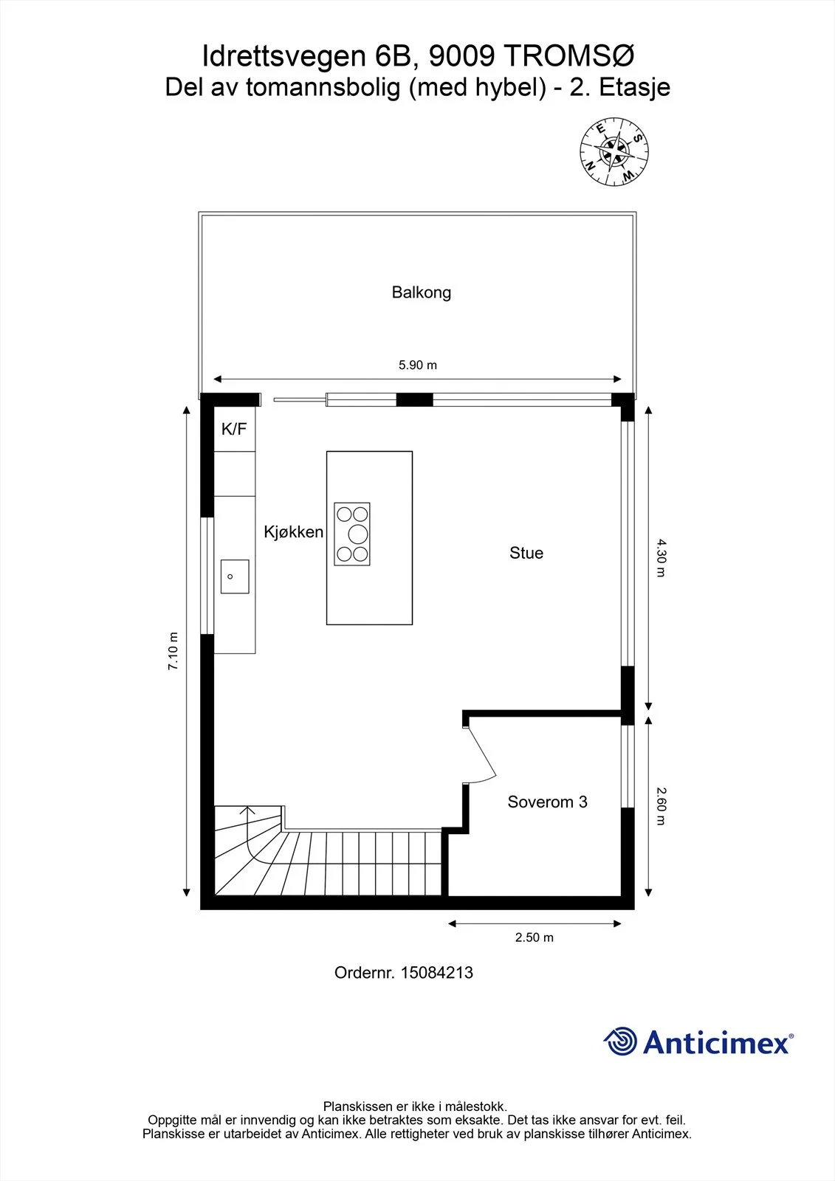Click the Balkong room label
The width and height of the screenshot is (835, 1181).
(x=421, y=292)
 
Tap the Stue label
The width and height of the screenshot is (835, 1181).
(x=526, y=553)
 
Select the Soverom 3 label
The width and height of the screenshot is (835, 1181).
(x=547, y=802)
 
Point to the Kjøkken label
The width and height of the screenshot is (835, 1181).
(x=293, y=531)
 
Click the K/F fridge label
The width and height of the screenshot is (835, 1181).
(x=234, y=429)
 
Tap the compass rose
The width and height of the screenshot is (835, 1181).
(x=614, y=151)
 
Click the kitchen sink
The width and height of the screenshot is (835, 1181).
(x=235, y=576)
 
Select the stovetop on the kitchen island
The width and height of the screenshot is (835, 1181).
(x=352, y=534)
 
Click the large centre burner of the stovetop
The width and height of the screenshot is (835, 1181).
(x=357, y=534)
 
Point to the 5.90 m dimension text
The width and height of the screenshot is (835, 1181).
(x=417, y=365)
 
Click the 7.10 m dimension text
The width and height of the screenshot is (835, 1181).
(x=173, y=650)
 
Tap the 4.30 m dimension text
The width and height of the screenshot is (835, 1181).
(x=662, y=558)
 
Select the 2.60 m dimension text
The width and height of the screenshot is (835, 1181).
(x=662, y=806)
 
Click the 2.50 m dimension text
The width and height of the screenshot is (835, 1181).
(x=535, y=937)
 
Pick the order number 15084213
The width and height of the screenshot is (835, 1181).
(x=437, y=973)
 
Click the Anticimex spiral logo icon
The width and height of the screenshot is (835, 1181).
(x=620, y=1041)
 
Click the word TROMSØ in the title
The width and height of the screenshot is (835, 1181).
(x=569, y=56)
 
